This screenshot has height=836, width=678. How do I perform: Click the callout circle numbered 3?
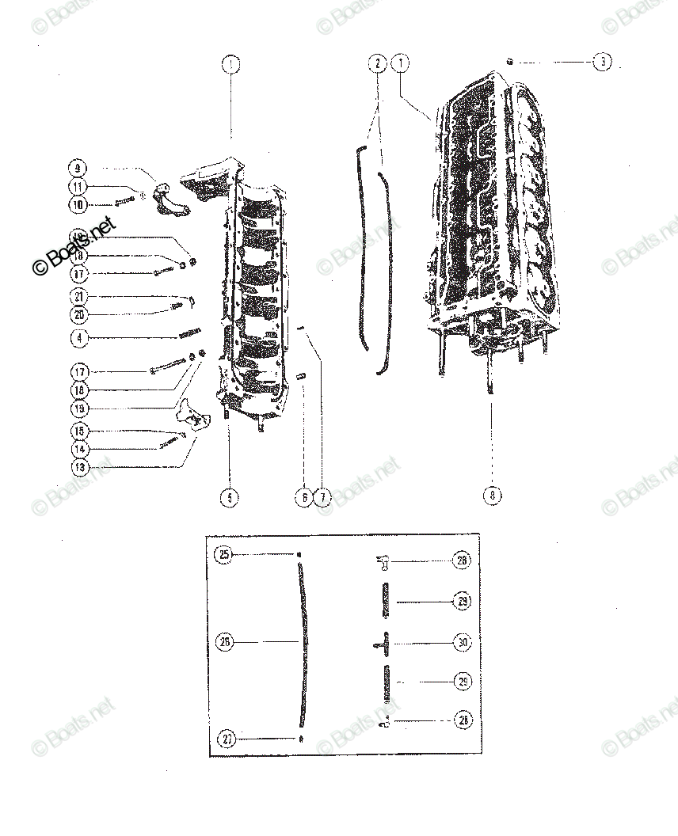point(602,62)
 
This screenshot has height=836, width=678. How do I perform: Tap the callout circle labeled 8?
point(492,496)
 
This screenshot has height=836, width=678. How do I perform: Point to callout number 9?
point(78,168)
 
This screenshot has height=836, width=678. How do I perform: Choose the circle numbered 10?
point(78,205)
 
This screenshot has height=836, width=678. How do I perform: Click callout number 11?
point(78,187)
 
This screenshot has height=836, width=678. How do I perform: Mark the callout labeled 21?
point(78,297)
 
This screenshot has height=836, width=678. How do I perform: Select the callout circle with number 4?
point(78,338)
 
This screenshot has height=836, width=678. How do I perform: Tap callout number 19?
point(78,408)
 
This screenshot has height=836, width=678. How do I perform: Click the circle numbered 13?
point(78,467)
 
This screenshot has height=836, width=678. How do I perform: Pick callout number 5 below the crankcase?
point(229,497)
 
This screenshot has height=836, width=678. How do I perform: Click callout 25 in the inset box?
point(225,555)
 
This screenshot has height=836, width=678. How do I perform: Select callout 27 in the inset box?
point(227,739)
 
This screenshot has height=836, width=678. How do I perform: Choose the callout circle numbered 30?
point(463,643)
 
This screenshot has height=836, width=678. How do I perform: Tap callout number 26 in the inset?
point(225,642)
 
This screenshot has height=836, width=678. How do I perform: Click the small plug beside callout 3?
point(511,61)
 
